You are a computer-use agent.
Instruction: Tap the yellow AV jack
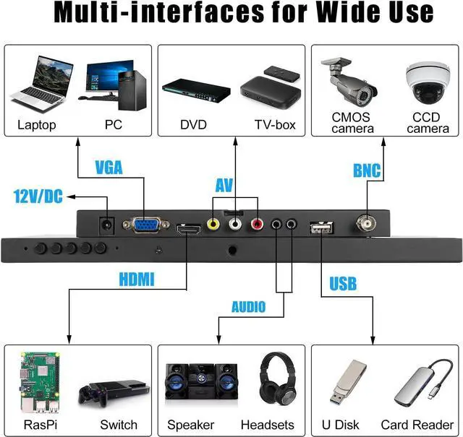(x=213, y=225)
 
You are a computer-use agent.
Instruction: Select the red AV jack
(x=256, y=225)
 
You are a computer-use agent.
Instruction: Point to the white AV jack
(x=234, y=225)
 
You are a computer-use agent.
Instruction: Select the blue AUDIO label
(x=248, y=307)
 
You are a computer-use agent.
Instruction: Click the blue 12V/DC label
(x=38, y=196)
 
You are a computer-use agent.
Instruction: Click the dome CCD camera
(x=427, y=83)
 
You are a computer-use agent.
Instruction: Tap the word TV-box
(x=275, y=125)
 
